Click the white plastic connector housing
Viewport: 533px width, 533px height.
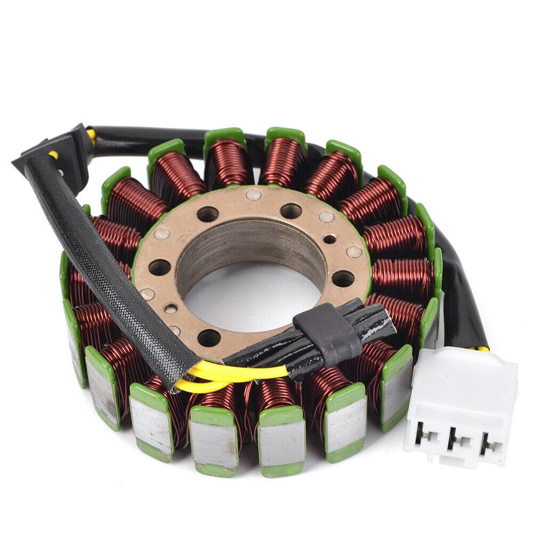(463, 389)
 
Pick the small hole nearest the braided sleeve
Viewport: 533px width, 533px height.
(169, 308)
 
